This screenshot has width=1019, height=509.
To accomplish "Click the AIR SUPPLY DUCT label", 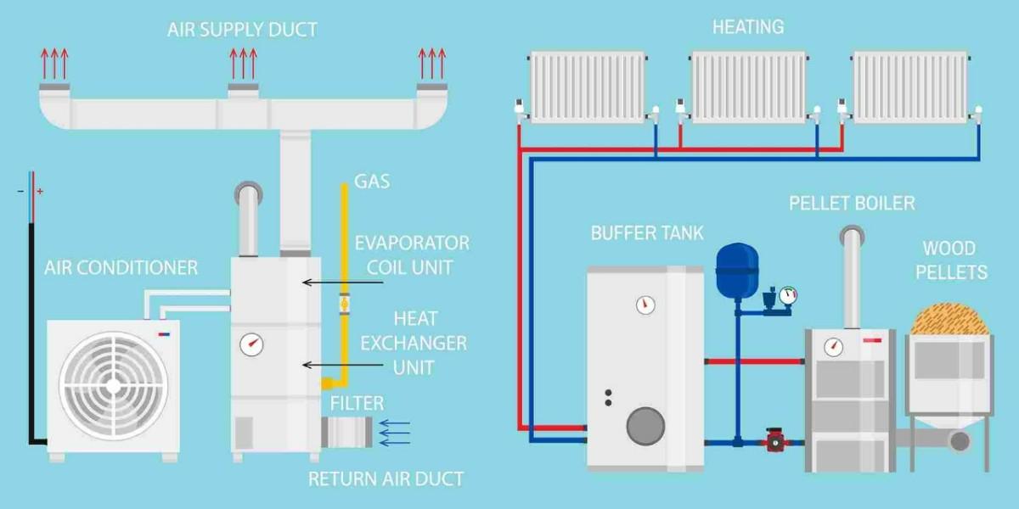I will coord(242,30).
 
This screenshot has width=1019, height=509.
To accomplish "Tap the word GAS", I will coord(371,182).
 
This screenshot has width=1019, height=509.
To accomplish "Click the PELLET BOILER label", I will coord(852,204).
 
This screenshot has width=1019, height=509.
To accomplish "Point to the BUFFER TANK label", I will coord(647,232).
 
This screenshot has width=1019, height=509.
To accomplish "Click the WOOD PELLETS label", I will coord(949,260).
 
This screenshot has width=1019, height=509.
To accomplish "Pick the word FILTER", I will coord(357,403).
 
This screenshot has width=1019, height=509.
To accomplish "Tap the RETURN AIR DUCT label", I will coord(386,478).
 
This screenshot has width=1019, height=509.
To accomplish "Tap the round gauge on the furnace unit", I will coord(251,345).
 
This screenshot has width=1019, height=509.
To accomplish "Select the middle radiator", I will coord(748,87).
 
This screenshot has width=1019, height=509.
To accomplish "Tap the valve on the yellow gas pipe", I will coord(345,302).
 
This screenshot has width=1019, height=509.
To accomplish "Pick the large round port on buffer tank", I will coord(645,423).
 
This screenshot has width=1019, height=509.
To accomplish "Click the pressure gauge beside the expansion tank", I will coord(789,296).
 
